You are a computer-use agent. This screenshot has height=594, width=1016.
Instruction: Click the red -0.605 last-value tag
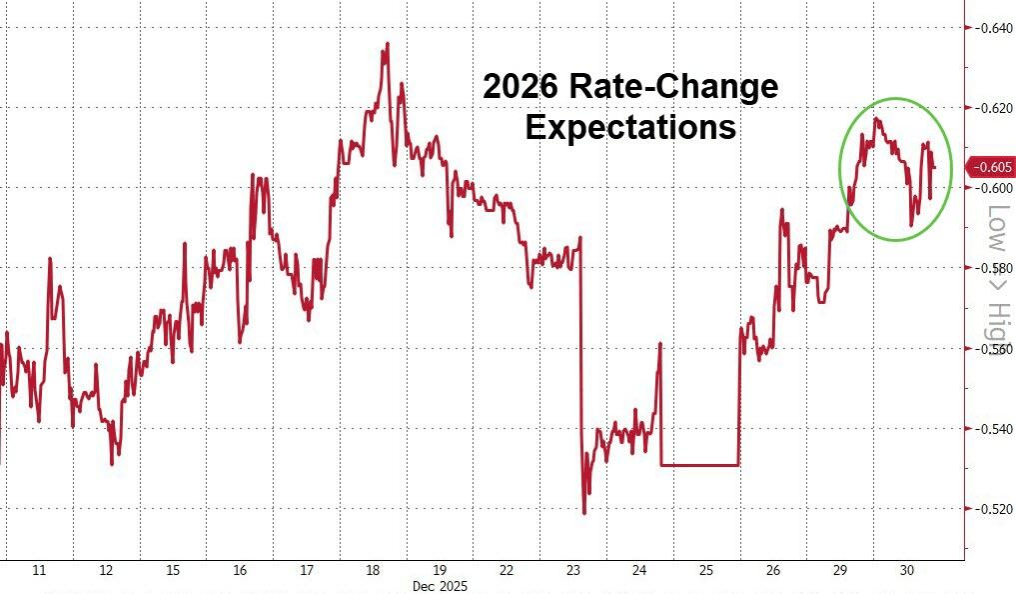click(992, 168)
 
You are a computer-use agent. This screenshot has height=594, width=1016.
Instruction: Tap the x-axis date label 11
click(40, 571)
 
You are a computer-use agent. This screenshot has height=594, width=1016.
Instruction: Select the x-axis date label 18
click(373, 571)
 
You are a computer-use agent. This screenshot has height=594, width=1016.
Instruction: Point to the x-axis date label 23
click(572, 571)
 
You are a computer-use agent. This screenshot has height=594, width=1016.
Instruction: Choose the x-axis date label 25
click(706, 571)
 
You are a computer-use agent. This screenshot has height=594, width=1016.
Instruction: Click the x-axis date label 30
click(906, 571)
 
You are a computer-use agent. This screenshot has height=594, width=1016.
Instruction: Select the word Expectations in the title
click(630, 128)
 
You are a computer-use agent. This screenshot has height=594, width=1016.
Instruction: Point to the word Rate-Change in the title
click(673, 87)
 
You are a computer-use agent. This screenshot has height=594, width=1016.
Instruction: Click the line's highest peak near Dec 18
click(387, 44)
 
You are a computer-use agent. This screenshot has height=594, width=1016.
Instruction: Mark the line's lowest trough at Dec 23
click(583, 512)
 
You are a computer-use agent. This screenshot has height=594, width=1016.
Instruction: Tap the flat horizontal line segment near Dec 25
click(699, 465)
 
